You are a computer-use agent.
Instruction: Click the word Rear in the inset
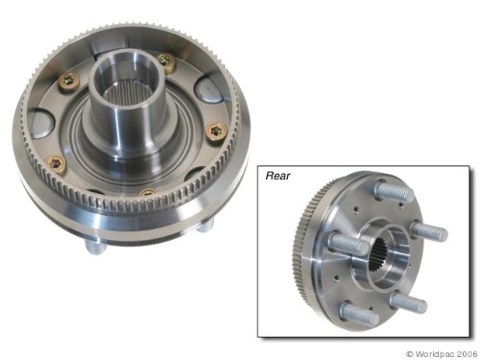277,176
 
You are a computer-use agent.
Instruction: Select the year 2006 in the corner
467,353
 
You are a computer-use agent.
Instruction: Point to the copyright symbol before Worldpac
410,354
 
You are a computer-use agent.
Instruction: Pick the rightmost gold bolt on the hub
216,132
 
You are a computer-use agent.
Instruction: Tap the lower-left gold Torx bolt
57,164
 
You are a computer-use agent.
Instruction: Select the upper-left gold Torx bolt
69,83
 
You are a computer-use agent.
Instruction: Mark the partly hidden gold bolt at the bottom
148,192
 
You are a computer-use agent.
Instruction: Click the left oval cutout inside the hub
40,124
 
